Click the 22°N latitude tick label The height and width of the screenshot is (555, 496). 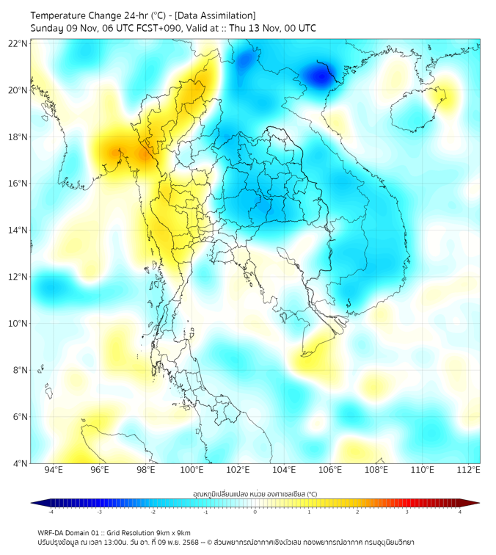coord(18,43)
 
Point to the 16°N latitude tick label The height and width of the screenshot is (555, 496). coord(18,184)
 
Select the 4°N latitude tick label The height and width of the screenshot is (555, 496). coord(20,463)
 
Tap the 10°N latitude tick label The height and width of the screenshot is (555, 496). coord(18,323)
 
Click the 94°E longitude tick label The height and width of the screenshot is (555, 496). coord(54,470)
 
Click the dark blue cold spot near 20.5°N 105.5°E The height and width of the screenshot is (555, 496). coord(320,76)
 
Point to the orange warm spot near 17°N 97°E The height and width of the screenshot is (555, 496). coord(117,153)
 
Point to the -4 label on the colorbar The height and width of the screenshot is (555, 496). coord(50,512)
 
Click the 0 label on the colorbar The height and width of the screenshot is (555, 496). coord(255,512)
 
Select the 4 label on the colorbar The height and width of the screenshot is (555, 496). coord(460,512)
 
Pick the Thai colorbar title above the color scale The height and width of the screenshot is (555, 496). coord(255,494)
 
